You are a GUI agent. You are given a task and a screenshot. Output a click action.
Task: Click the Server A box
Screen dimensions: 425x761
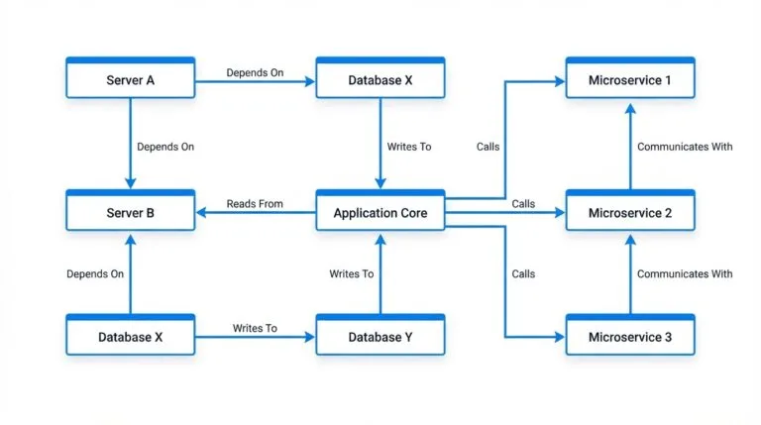tap(130, 79)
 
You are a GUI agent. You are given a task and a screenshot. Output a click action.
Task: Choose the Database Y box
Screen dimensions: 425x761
tap(380, 337)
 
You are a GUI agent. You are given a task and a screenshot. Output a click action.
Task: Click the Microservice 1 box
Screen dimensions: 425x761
tap(629, 79)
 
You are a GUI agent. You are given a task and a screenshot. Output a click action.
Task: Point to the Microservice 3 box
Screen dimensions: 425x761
tap(629, 337)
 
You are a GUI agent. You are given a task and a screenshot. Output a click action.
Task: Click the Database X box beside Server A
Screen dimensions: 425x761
tap(380, 79)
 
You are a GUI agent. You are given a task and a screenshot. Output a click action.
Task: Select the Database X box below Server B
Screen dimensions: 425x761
tap(130, 337)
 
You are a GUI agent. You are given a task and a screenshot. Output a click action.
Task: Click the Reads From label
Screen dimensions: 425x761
tap(255, 204)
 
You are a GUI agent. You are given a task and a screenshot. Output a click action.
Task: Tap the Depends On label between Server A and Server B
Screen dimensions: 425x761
tap(165, 147)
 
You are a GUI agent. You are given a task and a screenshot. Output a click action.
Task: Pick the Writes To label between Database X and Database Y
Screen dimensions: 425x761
tap(255, 328)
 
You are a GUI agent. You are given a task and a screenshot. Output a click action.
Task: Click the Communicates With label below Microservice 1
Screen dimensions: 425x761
tap(685, 147)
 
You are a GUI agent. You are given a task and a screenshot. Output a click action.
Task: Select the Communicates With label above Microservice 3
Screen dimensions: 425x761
tap(685, 273)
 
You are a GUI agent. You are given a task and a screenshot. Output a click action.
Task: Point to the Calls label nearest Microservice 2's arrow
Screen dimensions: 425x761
tap(523, 204)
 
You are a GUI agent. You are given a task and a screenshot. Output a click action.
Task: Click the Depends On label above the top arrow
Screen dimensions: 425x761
tap(255, 72)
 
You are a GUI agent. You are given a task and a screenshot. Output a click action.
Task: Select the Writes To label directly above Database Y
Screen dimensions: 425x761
tap(352, 273)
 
